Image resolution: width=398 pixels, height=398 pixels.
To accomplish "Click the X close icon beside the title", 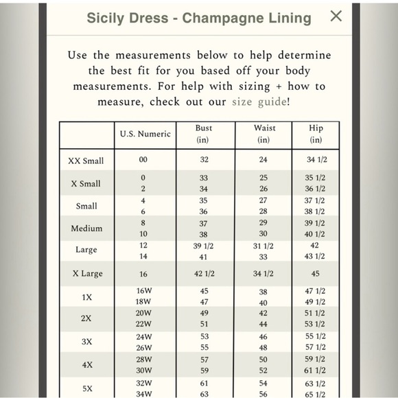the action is [x=336, y=16].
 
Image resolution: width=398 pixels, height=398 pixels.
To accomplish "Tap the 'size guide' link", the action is [x=259, y=102].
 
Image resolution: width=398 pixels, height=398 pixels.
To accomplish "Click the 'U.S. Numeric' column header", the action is [x=145, y=134].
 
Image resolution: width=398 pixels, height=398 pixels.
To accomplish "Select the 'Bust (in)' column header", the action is [x=204, y=134].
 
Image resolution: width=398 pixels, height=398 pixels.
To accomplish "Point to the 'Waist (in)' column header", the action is [x=264, y=134].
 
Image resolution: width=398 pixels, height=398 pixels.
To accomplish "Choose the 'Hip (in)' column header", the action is [x=316, y=134].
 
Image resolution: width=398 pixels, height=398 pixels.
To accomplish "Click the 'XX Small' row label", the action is [x=86, y=161].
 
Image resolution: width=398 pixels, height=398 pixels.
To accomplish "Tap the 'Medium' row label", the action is [x=86, y=228].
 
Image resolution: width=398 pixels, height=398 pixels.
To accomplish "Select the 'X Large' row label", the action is [x=87, y=273].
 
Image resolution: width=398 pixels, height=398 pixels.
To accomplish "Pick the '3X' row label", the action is [x=87, y=341].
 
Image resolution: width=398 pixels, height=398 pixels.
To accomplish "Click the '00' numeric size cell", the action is [x=143, y=160].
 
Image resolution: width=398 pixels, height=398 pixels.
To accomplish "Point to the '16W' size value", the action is [x=143, y=291].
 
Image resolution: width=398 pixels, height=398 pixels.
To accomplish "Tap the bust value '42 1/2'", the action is [x=204, y=273].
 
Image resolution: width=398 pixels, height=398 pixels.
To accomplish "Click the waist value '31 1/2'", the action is [x=264, y=246].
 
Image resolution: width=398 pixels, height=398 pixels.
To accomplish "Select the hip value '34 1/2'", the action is [x=315, y=160].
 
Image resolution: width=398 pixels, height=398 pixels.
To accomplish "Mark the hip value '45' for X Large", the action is [x=315, y=273].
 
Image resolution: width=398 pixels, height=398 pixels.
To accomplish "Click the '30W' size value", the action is [x=143, y=371].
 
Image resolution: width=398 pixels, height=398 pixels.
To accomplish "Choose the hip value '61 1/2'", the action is [x=315, y=371].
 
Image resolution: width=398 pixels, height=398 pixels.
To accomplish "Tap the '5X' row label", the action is [x=87, y=388].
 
